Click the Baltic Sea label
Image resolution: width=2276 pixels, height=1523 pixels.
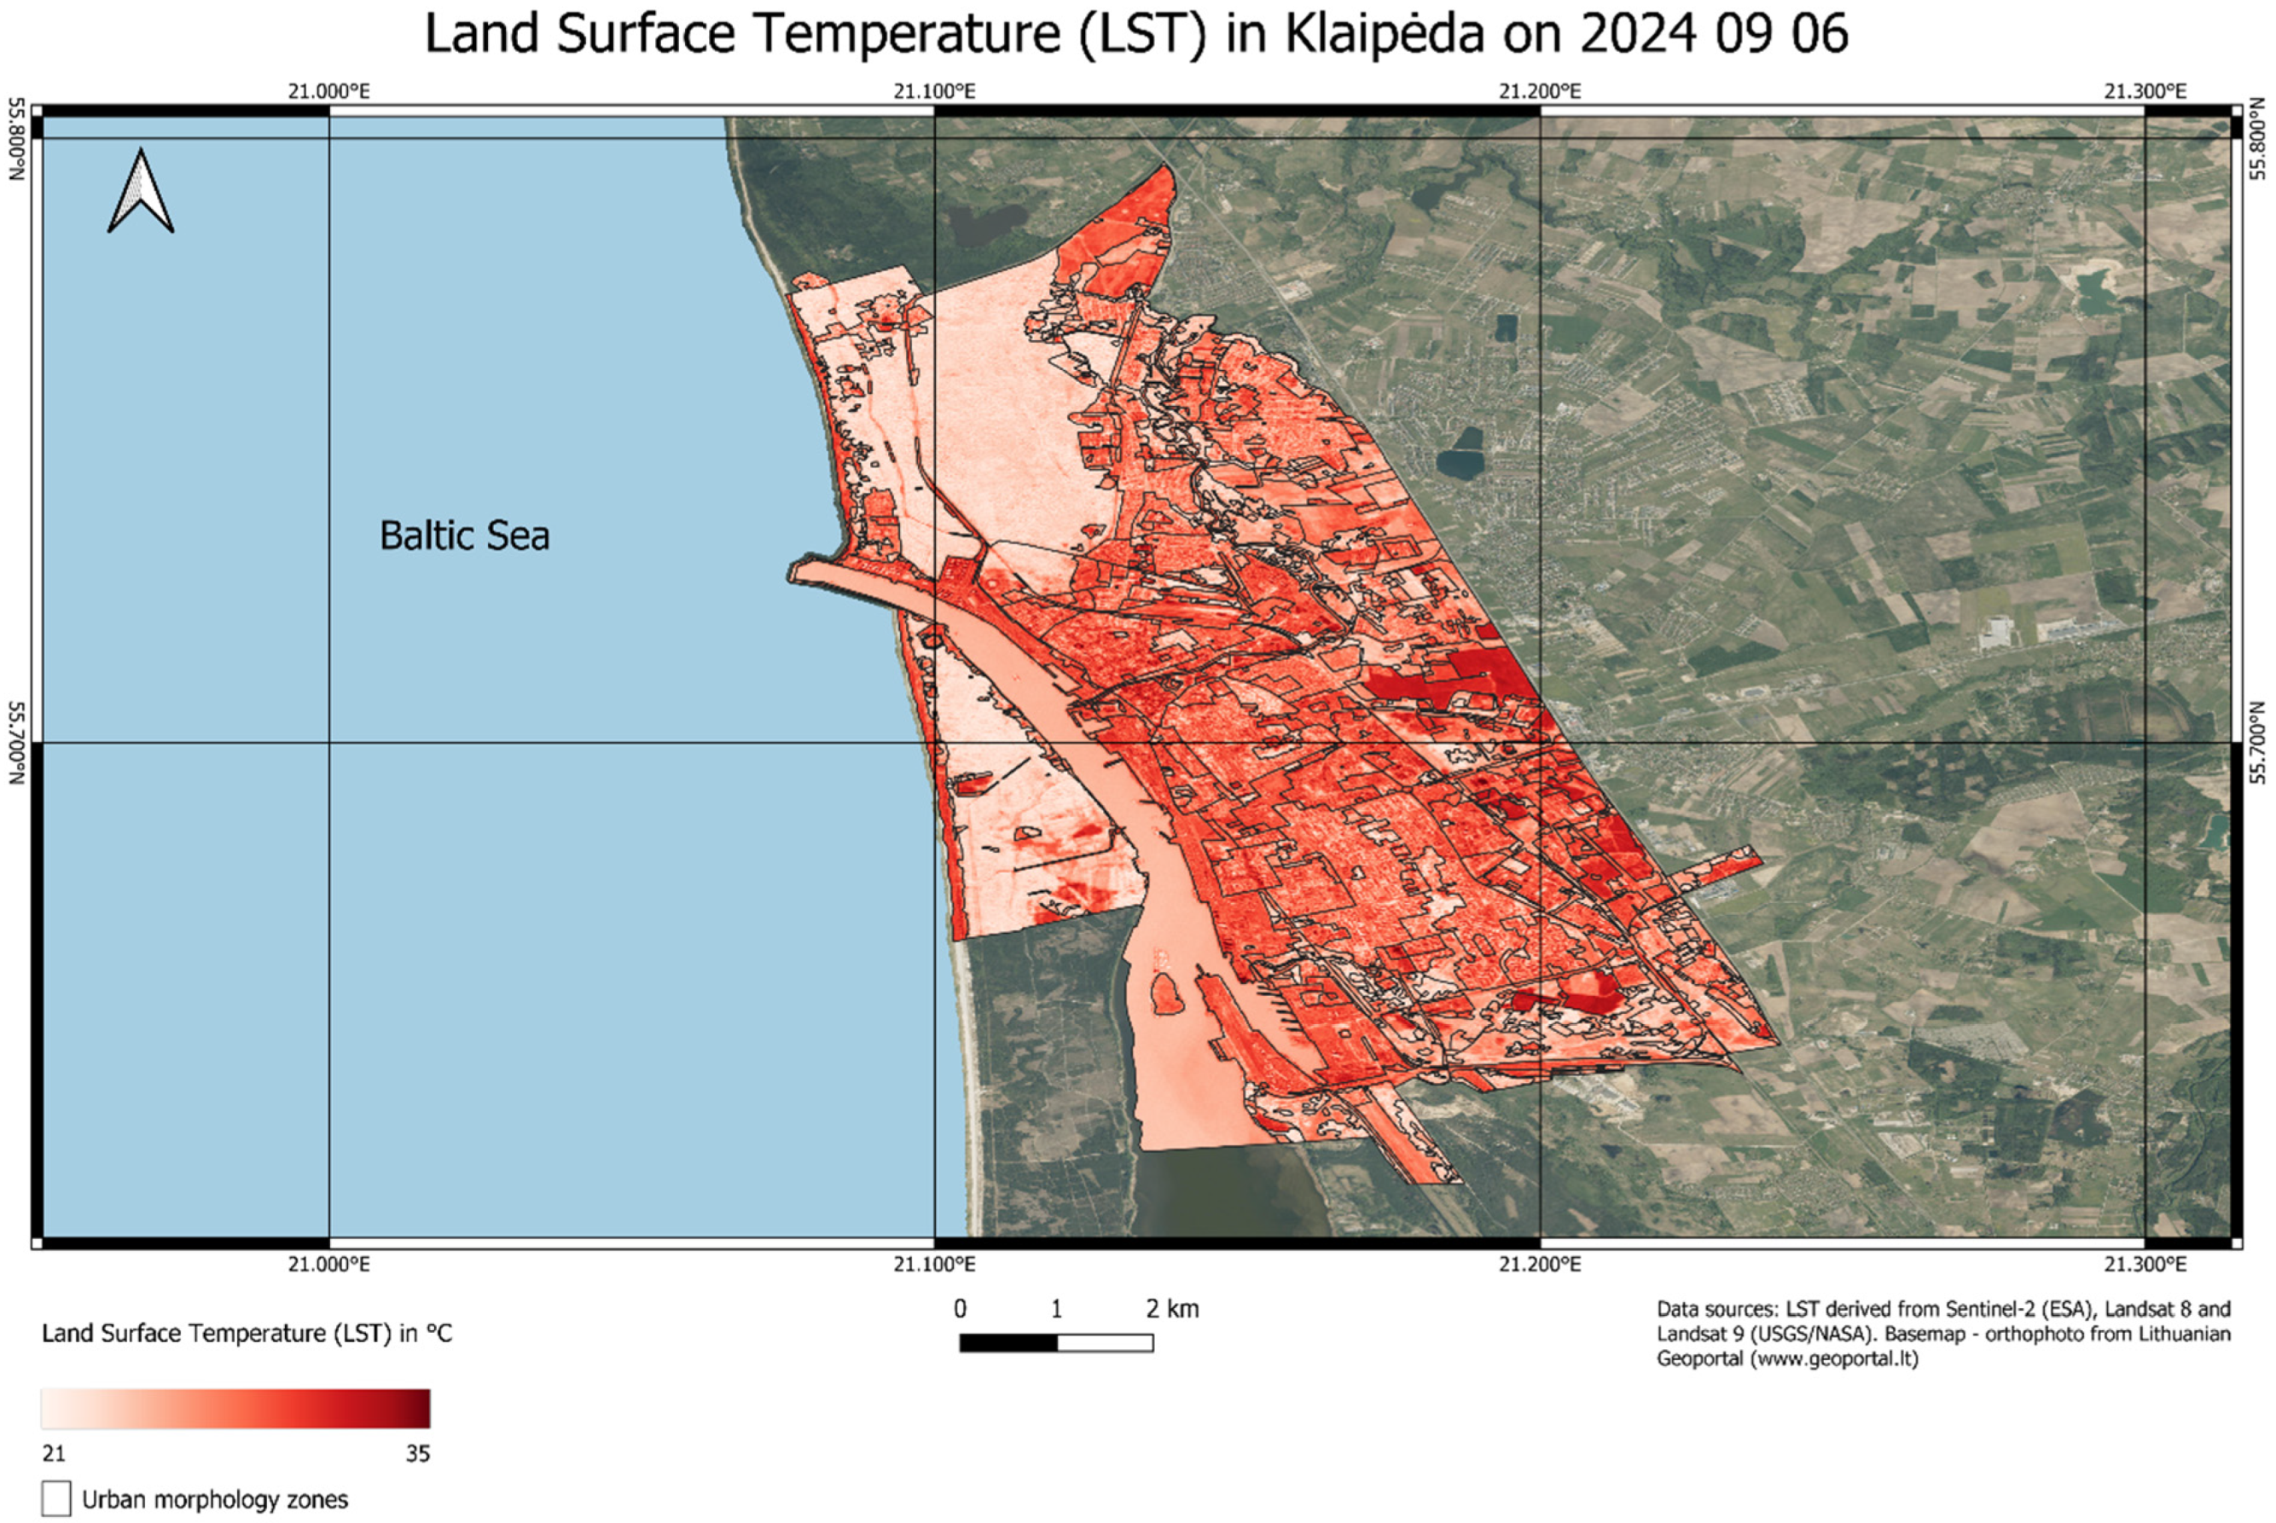point(464,536)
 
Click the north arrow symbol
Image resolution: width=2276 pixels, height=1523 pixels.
point(141,191)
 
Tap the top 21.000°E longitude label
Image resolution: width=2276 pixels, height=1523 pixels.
point(328,91)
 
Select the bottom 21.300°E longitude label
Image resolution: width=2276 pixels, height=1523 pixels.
point(2145,1265)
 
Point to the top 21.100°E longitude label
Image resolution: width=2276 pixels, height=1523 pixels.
point(934,91)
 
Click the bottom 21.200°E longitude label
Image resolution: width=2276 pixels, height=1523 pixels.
point(1540,1265)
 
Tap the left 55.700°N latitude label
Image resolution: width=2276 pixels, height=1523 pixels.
point(16,743)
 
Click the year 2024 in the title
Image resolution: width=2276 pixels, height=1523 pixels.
point(1637,34)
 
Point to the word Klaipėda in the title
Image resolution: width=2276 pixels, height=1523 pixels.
point(1385,34)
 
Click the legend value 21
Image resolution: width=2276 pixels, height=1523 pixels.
point(54,1454)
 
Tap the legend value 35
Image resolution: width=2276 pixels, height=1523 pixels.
point(418,1454)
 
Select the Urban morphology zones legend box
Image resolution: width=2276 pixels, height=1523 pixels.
point(56,1497)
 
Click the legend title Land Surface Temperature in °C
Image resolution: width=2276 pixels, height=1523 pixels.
point(247,1334)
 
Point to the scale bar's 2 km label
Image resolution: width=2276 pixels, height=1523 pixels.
point(1171,1309)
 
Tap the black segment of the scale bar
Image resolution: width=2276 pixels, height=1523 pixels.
point(1007,1343)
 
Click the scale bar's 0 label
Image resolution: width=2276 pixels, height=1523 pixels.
point(960,1309)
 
